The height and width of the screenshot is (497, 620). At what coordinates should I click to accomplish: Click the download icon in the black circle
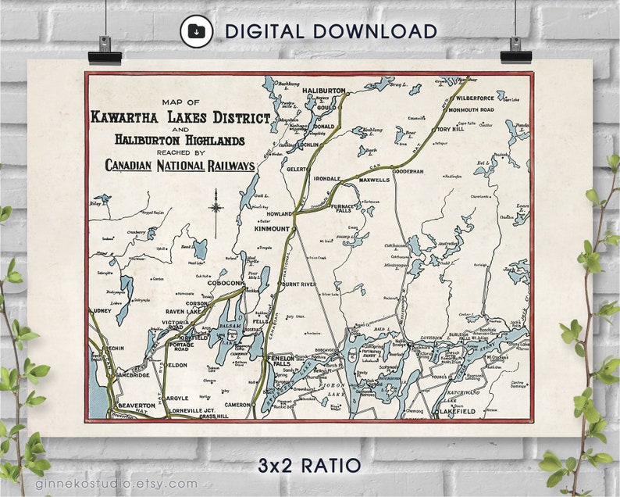pos(196,31)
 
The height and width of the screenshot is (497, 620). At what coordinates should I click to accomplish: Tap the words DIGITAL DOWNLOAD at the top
pos(330,31)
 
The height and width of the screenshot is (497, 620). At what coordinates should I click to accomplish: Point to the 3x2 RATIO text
pos(309,466)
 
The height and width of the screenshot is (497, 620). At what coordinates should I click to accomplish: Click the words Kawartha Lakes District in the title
pos(180,118)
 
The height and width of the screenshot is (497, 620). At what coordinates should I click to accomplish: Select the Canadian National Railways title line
pos(180,166)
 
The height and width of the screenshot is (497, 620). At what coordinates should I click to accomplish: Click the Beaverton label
pos(137,406)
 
